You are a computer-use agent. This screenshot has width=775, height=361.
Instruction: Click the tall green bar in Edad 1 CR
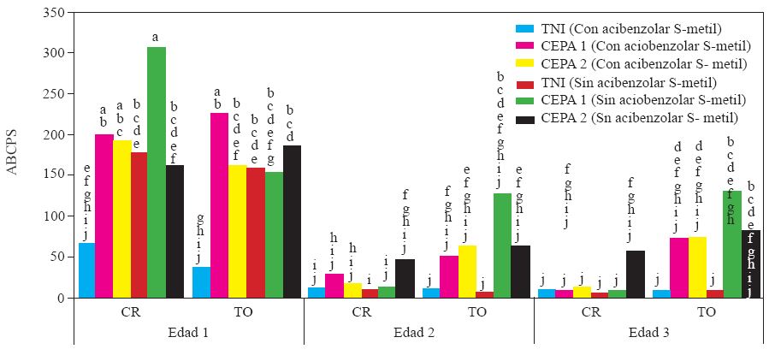156,172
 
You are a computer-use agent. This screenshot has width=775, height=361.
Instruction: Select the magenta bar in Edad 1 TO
219,205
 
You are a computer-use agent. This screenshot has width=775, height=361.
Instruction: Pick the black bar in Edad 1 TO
292,222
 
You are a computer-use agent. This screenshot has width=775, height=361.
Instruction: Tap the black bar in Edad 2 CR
405,278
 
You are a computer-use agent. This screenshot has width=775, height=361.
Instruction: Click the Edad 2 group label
419,332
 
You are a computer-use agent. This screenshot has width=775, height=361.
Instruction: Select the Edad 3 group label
649,332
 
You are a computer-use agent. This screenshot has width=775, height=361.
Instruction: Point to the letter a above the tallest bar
155,37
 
